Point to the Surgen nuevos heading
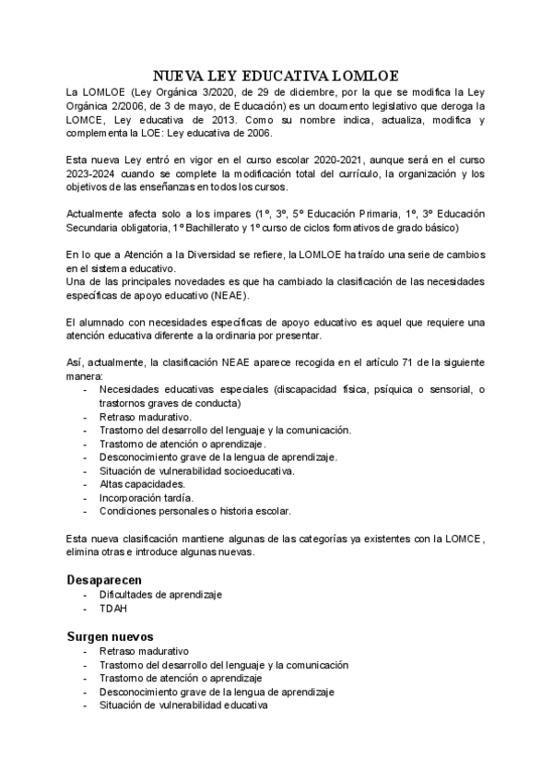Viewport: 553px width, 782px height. pos(110,635)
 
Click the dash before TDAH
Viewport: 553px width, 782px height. pos(85,609)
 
